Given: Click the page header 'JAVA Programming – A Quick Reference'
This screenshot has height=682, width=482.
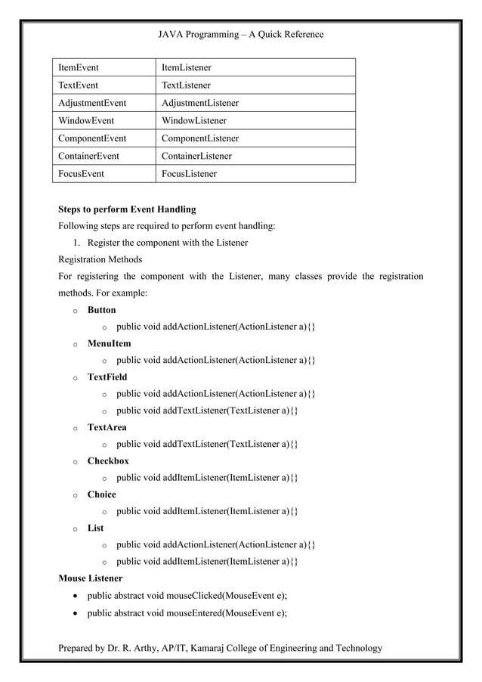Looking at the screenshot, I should (x=240, y=34).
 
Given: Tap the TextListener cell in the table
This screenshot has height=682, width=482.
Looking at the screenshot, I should (x=187, y=85).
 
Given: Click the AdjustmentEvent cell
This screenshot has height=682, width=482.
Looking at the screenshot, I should (x=92, y=103).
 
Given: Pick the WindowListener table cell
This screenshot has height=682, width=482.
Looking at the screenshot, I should (x=194, y=120).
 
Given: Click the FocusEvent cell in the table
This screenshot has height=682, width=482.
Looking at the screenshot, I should (x=82, y=173).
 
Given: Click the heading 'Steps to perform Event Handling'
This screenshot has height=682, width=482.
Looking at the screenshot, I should (x=127, y=209).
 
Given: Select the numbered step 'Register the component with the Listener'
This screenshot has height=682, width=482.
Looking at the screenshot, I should (x=167, y=243).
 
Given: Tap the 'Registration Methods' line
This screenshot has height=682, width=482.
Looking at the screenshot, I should (x=105, y=259).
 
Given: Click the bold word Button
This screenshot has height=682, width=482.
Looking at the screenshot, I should (x=102, y=310).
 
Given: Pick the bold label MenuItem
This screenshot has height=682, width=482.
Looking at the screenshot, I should (x=109, y=343).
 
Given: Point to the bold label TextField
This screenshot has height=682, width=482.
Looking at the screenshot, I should (x=107, y=377).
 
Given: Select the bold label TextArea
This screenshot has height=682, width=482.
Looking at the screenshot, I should (x=107, y=427).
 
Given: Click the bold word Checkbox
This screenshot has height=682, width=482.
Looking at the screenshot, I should (x=108, y=460).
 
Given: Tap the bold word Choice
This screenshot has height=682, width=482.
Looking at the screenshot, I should (x=102, y=494).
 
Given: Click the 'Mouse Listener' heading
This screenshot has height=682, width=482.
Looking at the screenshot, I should (x=91, y=578).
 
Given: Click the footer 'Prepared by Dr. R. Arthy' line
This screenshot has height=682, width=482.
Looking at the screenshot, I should (x=221, y=648).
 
